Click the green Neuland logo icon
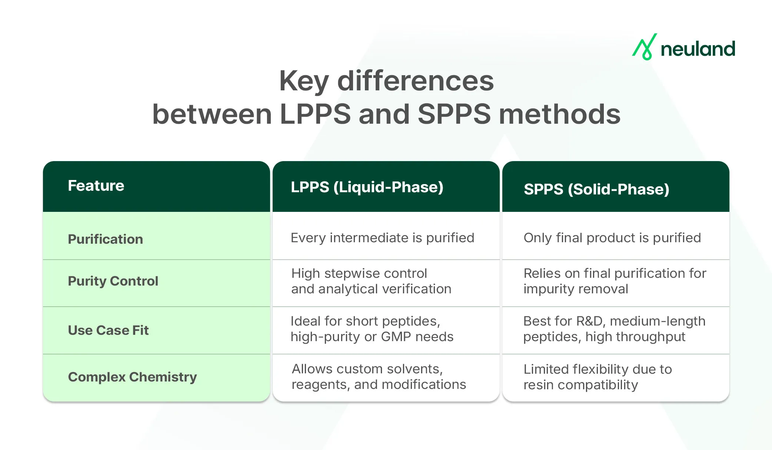(645, 47)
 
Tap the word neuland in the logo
(698, 49)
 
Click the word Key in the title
(304, 81)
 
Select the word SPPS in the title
(454, 114)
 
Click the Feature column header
(96, 186)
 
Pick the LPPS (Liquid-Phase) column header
(367, 187)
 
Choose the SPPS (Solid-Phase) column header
(596, 189)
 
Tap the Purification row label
(105, 239)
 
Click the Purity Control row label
(113, 281)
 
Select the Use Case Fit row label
(108, 330)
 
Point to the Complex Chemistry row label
(132, 377)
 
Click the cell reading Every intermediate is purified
(382, 238)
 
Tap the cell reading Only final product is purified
(612, 238)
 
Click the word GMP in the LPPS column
(396, 337)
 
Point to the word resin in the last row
(539, 385)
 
